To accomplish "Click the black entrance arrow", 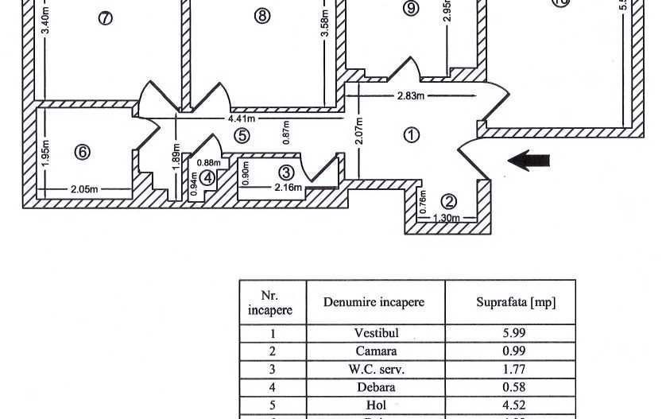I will coord(529,161).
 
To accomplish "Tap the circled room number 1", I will coord(411,135).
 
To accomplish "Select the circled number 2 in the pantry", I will coord(449,201).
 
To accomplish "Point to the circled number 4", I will coord(207,178).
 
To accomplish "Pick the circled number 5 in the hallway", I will coord(242,136).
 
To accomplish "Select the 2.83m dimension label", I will coord(411,96).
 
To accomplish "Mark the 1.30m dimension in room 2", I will coord(446,218).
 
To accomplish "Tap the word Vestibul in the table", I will coord(375,333).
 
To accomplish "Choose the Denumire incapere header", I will coord(374,302).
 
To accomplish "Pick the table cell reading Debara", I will coord(375,388).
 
